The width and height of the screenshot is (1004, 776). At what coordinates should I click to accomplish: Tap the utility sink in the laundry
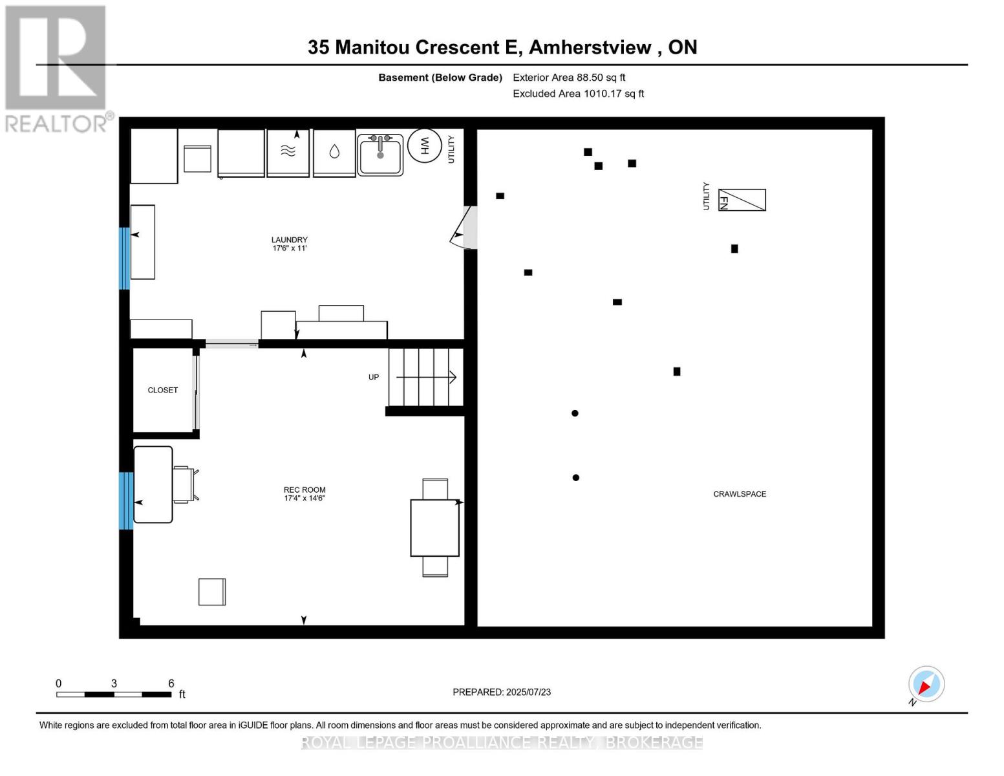click(381, 155)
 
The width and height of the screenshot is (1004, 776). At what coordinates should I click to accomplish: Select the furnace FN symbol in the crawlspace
click(742, 200)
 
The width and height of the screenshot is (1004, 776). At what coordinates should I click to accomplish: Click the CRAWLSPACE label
click(740, 494)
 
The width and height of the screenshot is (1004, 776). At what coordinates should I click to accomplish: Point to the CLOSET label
click(162, 391)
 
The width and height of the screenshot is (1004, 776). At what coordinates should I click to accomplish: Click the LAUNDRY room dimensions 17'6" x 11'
click(289, 248)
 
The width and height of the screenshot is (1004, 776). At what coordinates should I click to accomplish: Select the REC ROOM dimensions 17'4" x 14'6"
click(304, 499)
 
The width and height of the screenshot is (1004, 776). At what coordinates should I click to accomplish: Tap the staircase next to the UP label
click(425, 377)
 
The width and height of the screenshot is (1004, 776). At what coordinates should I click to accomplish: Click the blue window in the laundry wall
click(124, 258)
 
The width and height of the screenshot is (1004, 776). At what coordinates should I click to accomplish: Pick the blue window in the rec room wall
click(125, 501)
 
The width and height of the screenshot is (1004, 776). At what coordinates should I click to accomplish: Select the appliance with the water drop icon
click(334, 152)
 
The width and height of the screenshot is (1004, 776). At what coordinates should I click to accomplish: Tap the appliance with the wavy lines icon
click(288, 152)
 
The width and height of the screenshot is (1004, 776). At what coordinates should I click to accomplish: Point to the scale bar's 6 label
click(171, 684)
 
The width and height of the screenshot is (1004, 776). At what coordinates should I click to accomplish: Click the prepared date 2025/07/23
click(528, 692)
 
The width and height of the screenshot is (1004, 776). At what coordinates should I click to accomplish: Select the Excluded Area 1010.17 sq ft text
click(578, 94)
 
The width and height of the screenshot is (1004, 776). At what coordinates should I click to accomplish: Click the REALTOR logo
click(56, 68)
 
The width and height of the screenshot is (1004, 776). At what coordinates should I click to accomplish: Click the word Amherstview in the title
click(590, 47)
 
